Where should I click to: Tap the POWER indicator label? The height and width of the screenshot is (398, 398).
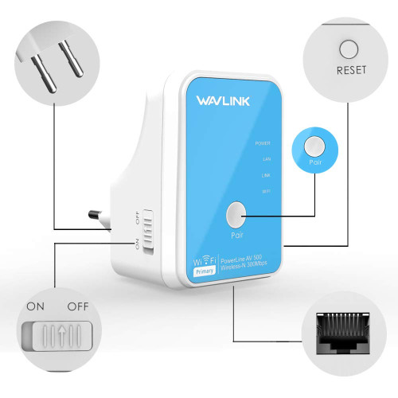[262, 143]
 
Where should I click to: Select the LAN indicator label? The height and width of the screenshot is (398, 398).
[266, 159]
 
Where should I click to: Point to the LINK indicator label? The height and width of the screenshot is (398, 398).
[265, 175]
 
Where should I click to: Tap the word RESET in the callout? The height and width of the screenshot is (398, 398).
[350, 70]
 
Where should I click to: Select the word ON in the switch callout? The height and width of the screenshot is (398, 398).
[36, 306]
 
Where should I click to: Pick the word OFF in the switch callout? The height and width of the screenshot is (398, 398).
[77, 306]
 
